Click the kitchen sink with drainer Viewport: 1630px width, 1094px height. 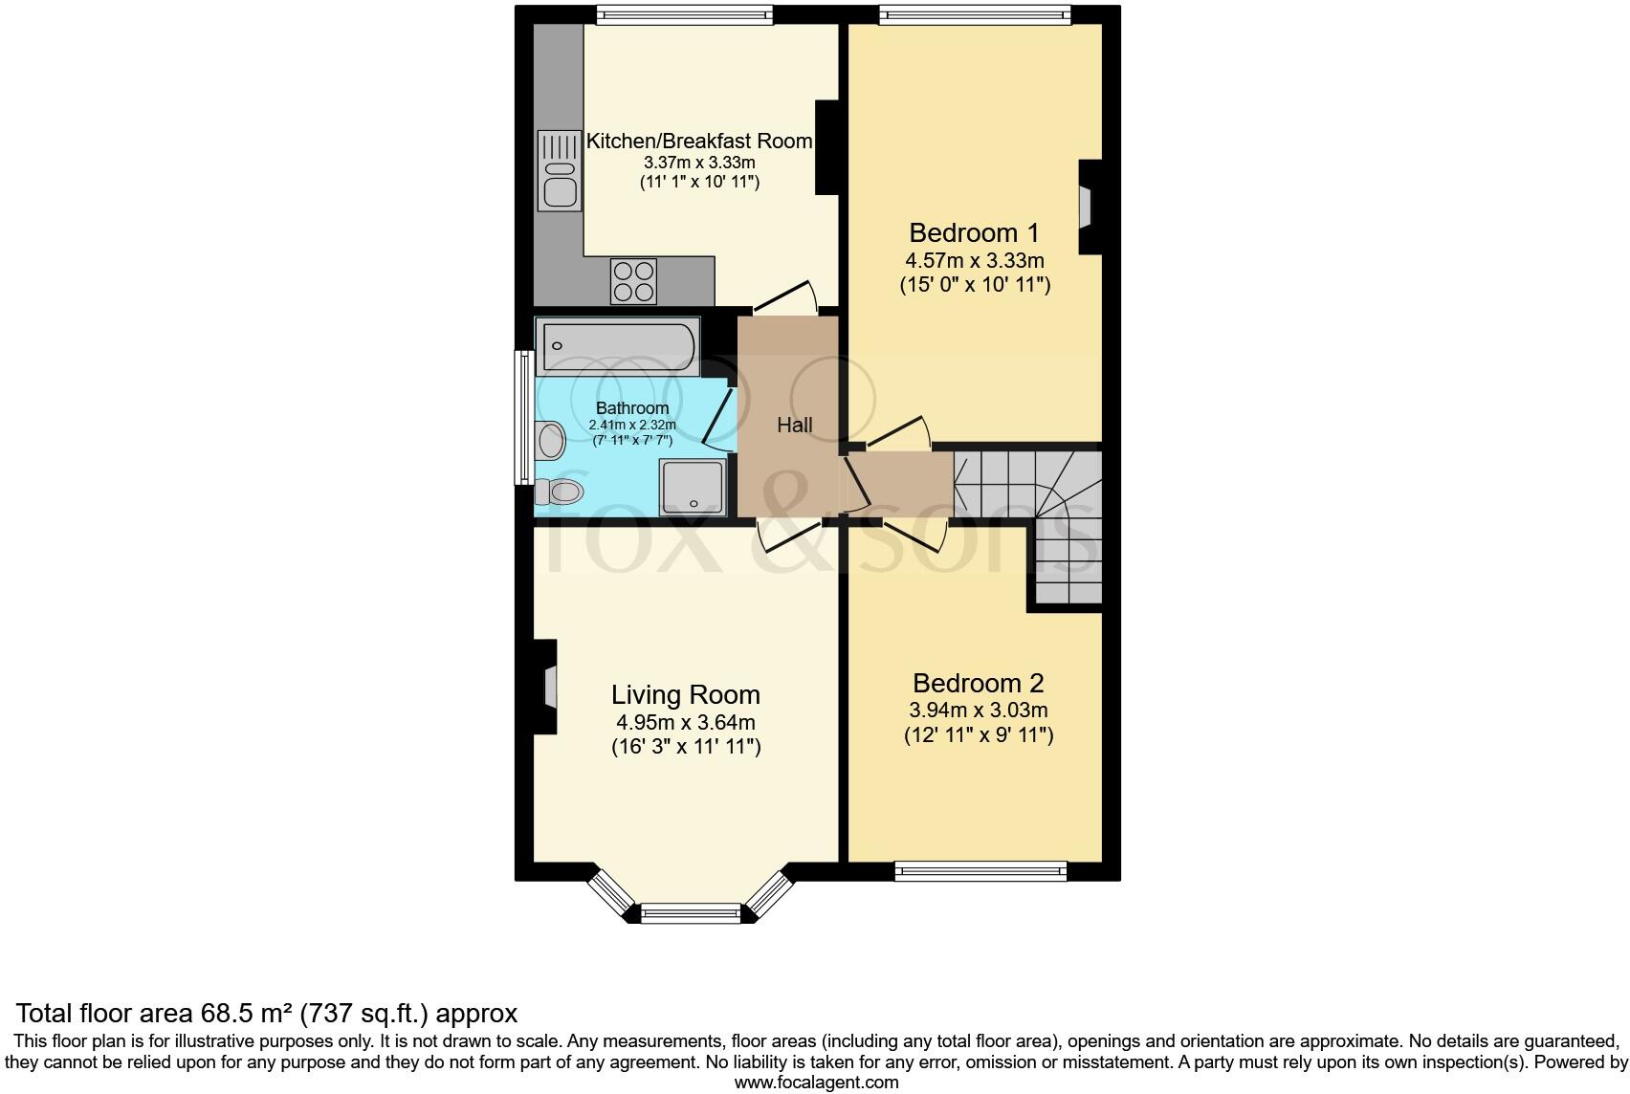click(x=559, y=170)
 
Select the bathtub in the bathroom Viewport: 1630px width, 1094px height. click(x=617, y=347)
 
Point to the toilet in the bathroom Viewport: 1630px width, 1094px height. click(x=560, y=492)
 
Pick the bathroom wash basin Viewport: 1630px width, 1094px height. click(x=551, y=441)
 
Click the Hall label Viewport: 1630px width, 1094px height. click(x=794, y=426)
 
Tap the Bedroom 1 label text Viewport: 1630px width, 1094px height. click(x=974, y=232)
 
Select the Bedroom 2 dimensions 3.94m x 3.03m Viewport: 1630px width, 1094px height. click(x=978, y=711)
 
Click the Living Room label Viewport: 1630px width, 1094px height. click(x=685, y=695)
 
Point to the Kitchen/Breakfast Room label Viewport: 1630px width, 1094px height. click(x=698, y=142)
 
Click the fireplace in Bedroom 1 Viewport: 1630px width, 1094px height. click(x=1087, y=207)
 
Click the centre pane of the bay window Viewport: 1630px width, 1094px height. click(x=690, y=913)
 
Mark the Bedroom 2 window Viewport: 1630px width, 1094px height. click(x=980, y=870)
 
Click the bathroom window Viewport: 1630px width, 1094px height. click(x=523, y=416)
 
